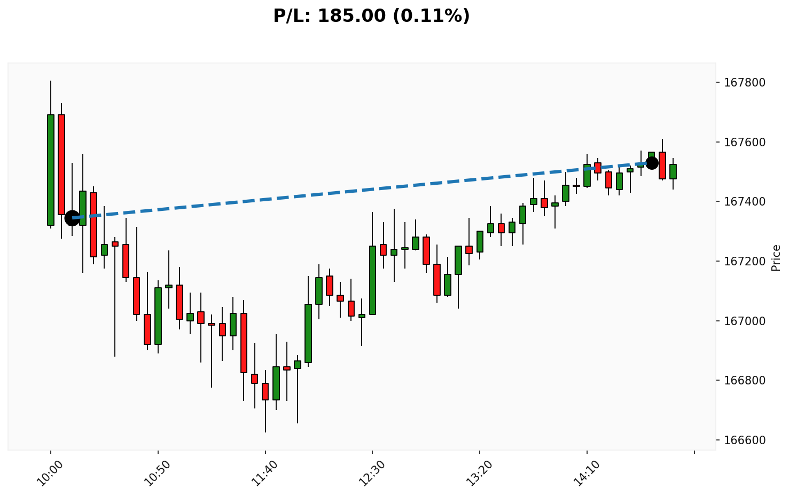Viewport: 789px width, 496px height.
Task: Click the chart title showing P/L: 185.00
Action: [x=371, y=16]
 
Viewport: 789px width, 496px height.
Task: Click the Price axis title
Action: [x=776, y=258]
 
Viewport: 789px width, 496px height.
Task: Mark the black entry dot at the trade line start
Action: [x=72, y=218]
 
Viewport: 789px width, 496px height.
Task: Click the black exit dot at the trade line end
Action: [x=652, y=163]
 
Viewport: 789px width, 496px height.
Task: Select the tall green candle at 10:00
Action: [x=51, y=170]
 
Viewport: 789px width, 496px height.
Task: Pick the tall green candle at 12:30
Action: [x=372, y=280]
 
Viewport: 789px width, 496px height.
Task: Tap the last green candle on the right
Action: [x=673, y=171]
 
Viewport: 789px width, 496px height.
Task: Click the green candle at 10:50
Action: [x=158, y=316]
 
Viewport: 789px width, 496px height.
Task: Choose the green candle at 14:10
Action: [x=587, y=175]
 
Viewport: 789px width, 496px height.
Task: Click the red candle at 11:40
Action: [x=265, y=391]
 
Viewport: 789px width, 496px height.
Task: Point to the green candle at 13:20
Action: [x=480, y=241]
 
